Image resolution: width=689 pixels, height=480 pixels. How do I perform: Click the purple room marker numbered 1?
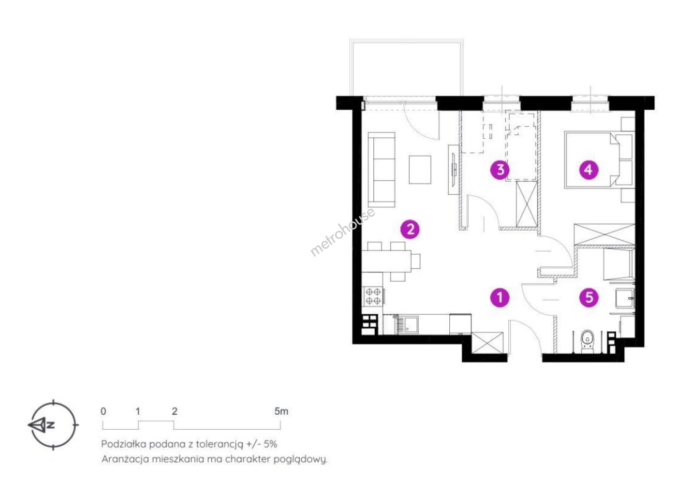500,298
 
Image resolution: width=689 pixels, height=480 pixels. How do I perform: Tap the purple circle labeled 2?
410,229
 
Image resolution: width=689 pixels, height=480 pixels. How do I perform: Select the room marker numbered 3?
500,170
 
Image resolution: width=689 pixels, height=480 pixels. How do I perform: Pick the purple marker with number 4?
589,170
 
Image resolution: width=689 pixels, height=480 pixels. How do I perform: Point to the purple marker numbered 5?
589,298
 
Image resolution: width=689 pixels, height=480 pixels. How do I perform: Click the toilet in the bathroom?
587,342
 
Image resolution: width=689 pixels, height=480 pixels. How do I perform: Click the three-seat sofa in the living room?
381,170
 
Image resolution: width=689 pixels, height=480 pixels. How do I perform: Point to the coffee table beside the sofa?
420,170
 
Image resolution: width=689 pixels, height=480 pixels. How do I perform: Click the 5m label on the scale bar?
281,412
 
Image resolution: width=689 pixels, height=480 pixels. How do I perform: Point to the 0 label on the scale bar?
103,412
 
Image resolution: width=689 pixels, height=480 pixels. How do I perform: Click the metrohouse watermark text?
342,232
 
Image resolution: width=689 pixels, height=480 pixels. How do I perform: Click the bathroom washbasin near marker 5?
624,298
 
